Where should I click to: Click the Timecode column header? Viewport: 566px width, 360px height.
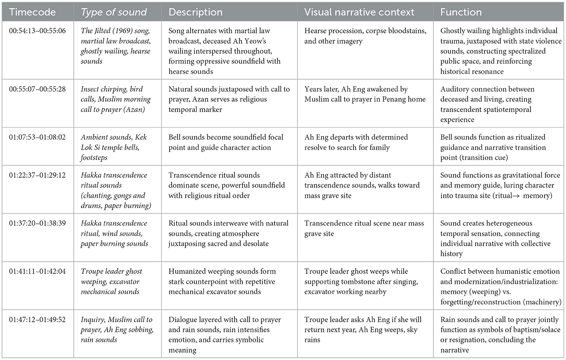point(32,12)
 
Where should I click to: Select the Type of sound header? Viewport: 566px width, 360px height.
point(114,12)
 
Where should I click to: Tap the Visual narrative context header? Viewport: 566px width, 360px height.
point(359,12)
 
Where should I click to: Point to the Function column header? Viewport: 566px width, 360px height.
point(461,12)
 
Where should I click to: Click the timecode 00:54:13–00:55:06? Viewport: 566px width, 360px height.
point(37,31)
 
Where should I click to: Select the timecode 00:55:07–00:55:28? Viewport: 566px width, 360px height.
point(37,89)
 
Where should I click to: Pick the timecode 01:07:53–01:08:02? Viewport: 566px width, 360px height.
point(37,137)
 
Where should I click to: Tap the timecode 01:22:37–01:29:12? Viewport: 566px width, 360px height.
point(37,175)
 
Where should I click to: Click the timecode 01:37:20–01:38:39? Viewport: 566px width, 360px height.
point(37,223)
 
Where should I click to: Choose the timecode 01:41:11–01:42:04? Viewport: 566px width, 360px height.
point(37,272)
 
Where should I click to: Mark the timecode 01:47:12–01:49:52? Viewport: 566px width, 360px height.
point(37,320)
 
